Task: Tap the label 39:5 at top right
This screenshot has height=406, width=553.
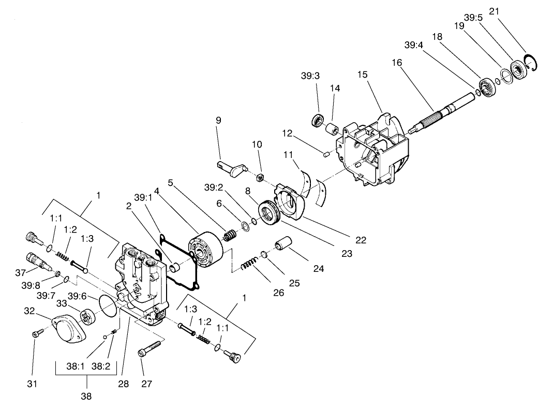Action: coord(473,17)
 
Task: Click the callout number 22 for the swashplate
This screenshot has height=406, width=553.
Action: coord(361,240)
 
